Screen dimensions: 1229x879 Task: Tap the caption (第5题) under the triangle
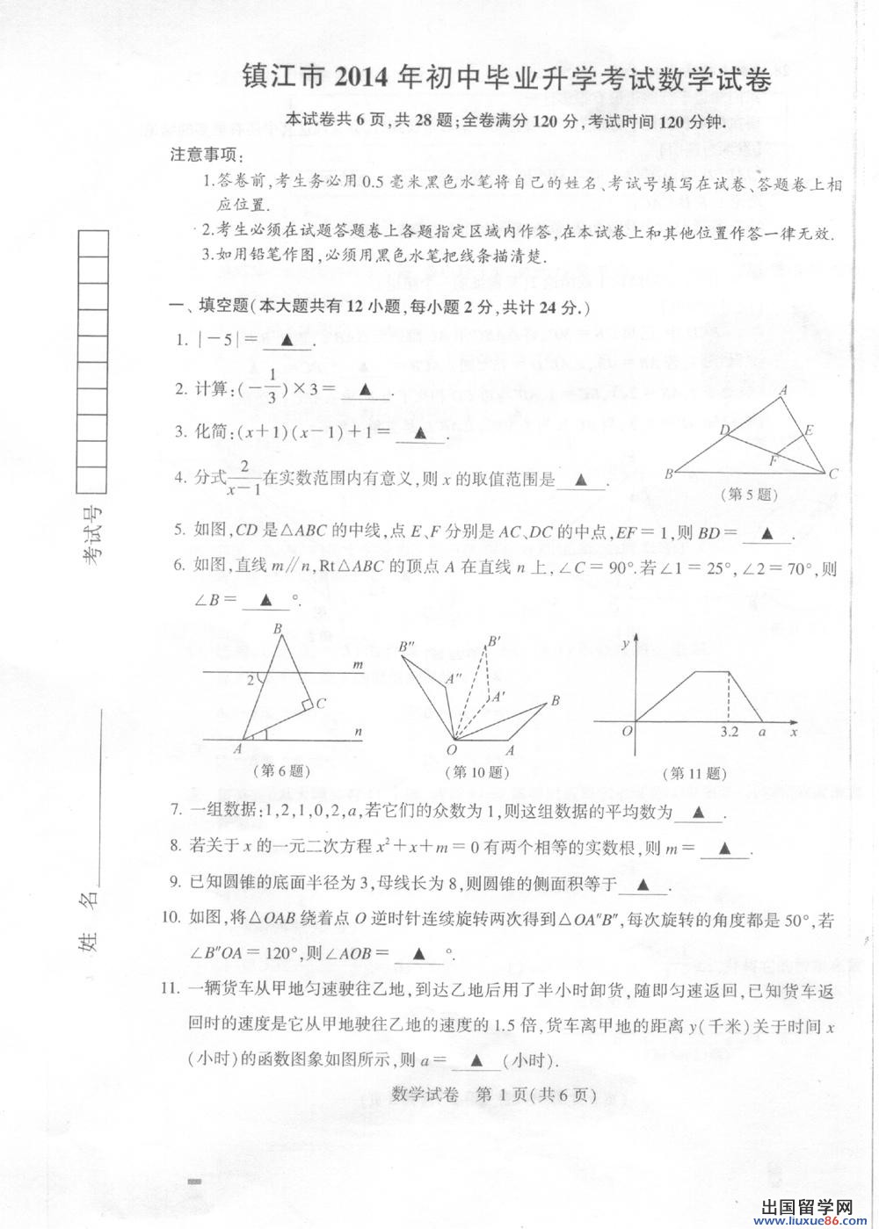(x=750, y=495)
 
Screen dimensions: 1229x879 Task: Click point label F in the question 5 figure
(x=773, y=459)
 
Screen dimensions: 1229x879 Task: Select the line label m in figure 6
(x=358, y=665)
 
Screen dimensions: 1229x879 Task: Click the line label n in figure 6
(x=359, y=731)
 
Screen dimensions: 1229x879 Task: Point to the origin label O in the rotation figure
(x=452, y=750)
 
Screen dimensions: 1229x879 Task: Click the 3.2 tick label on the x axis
(x=729, y=731)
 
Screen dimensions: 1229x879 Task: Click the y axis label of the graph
(x=625, y=644)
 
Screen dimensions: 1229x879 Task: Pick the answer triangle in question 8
(x=725, y=849)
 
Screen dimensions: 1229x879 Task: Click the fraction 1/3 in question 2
(x=272, y=389)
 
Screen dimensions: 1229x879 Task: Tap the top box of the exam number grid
(x=93, y=242)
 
